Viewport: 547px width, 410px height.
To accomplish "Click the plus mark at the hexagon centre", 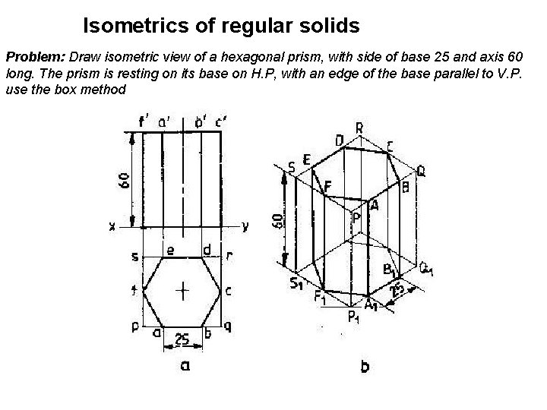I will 183,290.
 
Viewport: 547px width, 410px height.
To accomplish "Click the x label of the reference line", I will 112,226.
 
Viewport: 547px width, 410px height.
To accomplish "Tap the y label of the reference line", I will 245,225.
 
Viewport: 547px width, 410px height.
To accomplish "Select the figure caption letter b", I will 365,367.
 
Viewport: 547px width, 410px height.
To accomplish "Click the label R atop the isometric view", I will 359,128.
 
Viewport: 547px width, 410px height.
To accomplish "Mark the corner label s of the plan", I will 134,257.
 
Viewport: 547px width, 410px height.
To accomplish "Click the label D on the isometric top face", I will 338,140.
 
